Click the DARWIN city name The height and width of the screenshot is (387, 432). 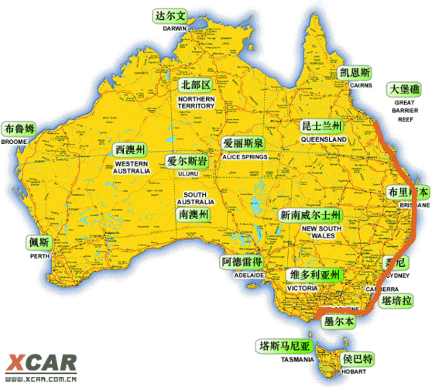pyautogui.click(x=175, y=28)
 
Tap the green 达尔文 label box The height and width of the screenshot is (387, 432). pyautogui.click(x=170, y=15)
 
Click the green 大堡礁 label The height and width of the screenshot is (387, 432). pyautogui.click(x=405, y=90)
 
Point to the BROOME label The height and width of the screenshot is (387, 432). pyautogui.click(x=15, y=142)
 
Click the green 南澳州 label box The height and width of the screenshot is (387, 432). pyautogui.click(x=193, y=214)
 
